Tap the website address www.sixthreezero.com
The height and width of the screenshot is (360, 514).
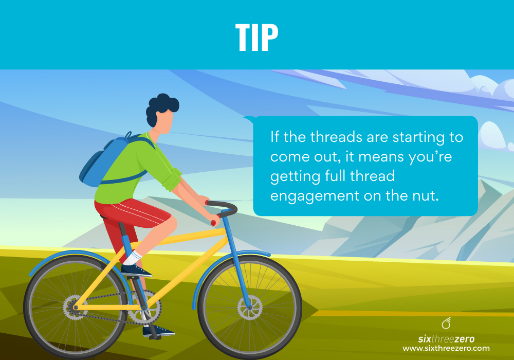click(x=446, y=348)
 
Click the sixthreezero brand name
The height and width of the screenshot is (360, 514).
click(x=446, y=339)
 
